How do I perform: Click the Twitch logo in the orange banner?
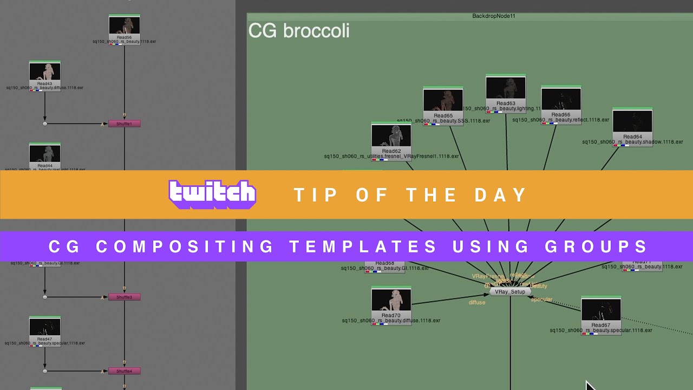[x=212, y=194]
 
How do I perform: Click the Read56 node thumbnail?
[x=125, y=26]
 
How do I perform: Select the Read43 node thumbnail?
[x=45, y=72]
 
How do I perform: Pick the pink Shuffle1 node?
[x=125, y=123]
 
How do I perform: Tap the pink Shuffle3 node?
[x=125, y=297]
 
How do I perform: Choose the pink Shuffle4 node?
[x=125, y=371]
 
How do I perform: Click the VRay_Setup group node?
[x=510, y=291]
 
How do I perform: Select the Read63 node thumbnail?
[x=506, y=88]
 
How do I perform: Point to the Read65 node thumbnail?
[x=443, y=100]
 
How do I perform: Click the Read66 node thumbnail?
[x=561, y=100]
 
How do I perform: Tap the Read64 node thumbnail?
[x=632, y=121]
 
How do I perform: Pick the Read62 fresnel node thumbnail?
[x=391, y=136]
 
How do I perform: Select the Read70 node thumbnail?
[x=391, y=300]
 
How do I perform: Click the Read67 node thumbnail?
[x=601, y=310]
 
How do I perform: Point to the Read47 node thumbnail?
[x=45, y=327]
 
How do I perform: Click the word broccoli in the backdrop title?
[x=316, y=31]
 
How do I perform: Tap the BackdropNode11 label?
[x=494, y=16]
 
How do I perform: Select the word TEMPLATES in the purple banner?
[x=363, y=247]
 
